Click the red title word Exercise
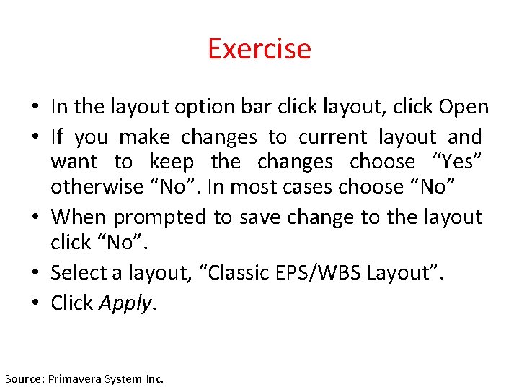pyautogui.click(x=259, y=49)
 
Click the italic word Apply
pyautogui.click(x=125, y=303)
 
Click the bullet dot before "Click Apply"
pyautogui.click(x=35, y=304)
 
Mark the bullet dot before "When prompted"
pyautogui.click(x=35, y=217)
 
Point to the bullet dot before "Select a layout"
pyautogui.click(x=35, y=274)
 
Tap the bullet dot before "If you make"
pyautogui.click(x=35, y=138)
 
